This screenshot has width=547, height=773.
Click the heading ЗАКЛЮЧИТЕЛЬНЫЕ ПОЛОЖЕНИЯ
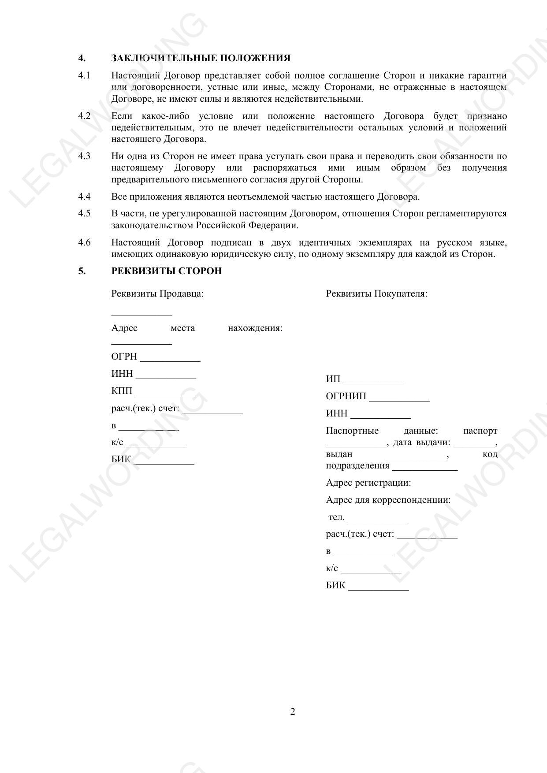pyautogui.click(x=201, y=58)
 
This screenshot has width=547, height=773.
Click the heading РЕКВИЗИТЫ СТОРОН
pyautogui.click(x=166, y=271)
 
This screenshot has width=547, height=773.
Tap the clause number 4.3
pyautogui.click(x=84, y=156)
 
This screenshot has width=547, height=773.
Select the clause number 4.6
pyautogui.click(x=84, y=242)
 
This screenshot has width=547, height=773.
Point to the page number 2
pyautogui.click(x=293, y=711)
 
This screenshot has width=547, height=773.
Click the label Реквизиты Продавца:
pyautogui.click(x=157, y=294)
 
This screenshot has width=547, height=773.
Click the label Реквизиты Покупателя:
pyautogui.click(x=376, y=294)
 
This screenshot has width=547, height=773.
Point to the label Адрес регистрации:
pyautogui.click(x=368, y=483)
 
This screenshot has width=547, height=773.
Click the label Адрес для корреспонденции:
pyautogui.click(x=388, y=500)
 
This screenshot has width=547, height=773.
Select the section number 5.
pyautogui.click(x=82, y=271)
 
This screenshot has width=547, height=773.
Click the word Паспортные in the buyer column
pyautogui.click(x=352, y=431)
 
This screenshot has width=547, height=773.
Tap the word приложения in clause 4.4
pyautogui.click(x=149, y=197)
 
